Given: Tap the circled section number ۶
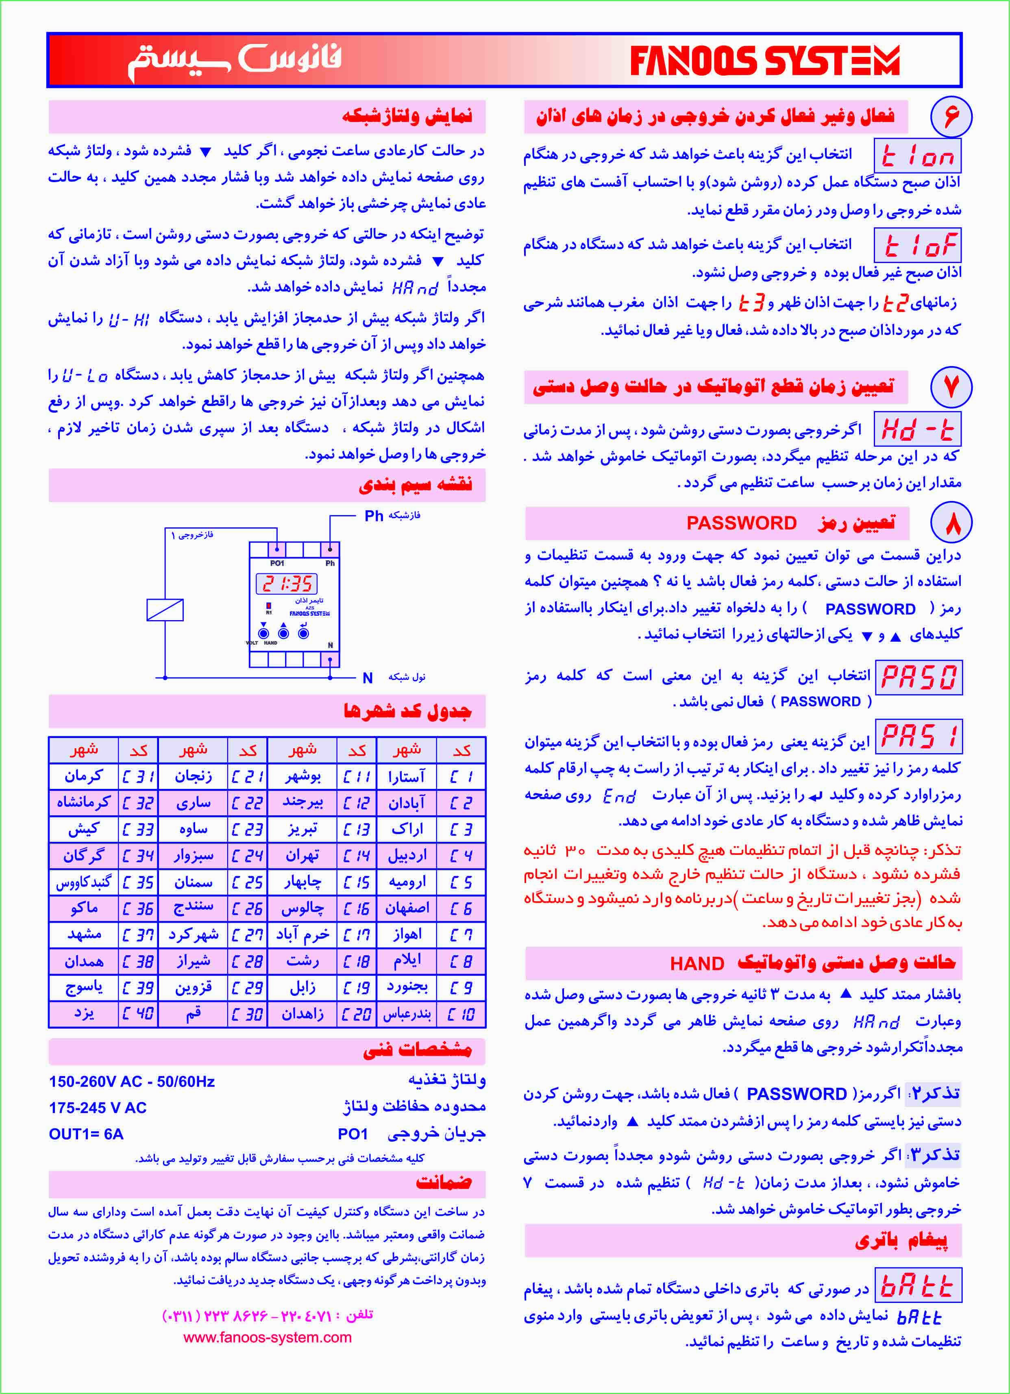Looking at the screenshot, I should [x=951, y=116].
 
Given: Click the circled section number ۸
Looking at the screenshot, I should [x=951, y=523].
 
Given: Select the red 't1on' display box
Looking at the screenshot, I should [x=917, y=156].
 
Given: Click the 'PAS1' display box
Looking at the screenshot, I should [x=919, y=736].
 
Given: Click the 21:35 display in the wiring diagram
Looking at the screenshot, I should [x=287, y=583].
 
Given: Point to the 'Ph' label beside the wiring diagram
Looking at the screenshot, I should [x=374, y=516].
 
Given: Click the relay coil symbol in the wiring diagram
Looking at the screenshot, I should [x=165, y=609].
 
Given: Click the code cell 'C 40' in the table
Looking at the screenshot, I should [x=138, y=1013].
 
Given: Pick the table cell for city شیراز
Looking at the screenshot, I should [x=193, y=961].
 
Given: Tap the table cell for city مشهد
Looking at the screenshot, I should [x=84, y=934].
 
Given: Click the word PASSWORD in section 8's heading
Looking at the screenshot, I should [x=741, y=523].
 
